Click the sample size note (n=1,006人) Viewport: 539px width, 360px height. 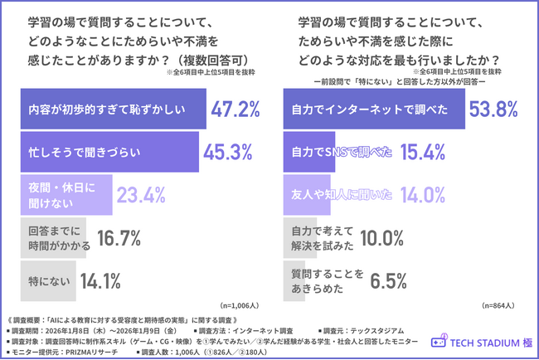point(238,305)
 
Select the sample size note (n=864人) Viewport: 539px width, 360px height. point(498,305)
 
